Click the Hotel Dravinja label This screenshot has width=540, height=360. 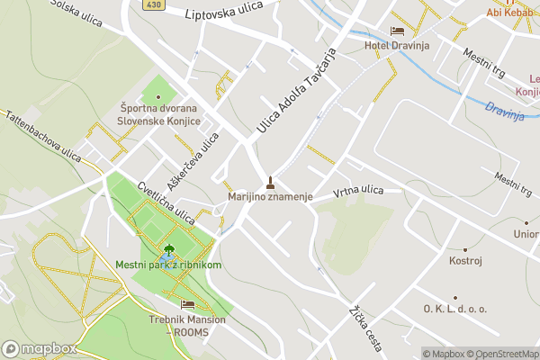pyautogui.click(x=397, y=45)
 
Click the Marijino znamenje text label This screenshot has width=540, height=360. pyautogui.click(x=270, y=196)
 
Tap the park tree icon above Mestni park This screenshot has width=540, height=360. pyautogui.click(x=168, y=249)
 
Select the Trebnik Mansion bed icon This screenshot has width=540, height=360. pyautogui.click(x=187, y=304)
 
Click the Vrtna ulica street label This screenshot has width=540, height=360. pyautogui.click(x=358, y=191)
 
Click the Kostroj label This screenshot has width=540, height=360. pyautogui.click(x=465, y=261)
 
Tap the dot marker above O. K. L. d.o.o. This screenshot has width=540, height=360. pyautogui.click(x=454, y=297)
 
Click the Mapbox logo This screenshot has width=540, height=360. pyautogui.click(x=38, y=348)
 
